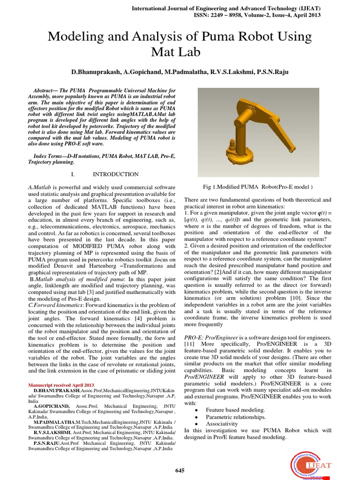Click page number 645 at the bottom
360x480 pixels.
coord(180,470)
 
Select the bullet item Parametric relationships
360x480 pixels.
coord(236,416)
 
